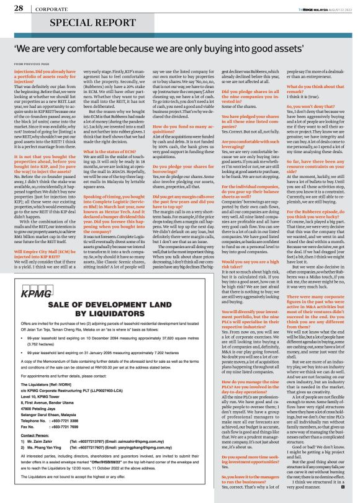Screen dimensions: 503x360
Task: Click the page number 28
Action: [18, 9]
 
